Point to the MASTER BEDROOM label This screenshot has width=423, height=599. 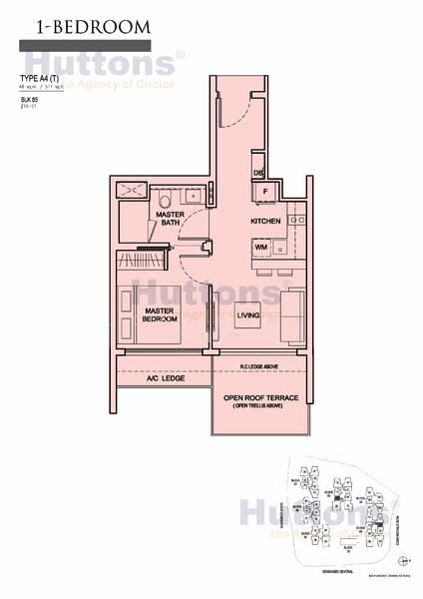coord(160,316)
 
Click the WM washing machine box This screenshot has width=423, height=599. coord(259,246)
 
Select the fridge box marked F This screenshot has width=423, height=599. coord(265,190)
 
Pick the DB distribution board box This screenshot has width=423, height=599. coord(257,172)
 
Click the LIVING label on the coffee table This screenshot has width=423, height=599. coord(248,317)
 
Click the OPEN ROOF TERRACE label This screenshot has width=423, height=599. coord(258,397)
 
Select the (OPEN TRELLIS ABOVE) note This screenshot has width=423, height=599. coord(258,407)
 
